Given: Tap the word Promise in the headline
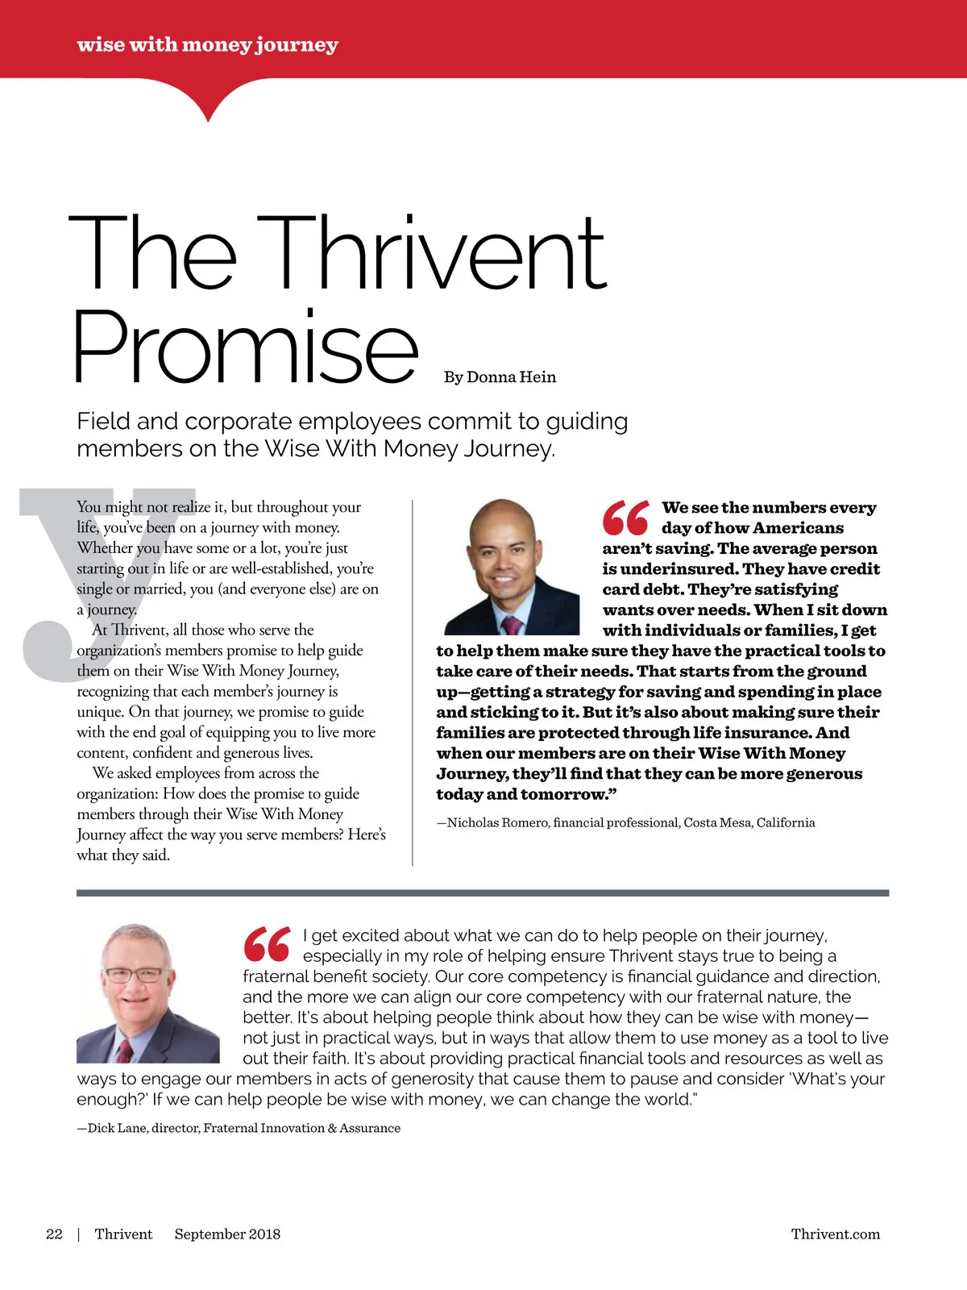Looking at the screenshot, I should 245,347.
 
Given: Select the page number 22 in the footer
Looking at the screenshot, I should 54,1234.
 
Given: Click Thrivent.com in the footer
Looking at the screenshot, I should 835,1234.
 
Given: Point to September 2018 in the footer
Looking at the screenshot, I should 227,1234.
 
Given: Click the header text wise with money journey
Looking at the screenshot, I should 207,44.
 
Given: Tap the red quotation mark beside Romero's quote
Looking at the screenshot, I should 625,518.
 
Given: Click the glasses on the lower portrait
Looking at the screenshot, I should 134,974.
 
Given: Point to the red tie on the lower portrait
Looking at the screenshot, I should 125,1049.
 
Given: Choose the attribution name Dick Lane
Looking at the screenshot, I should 118,1128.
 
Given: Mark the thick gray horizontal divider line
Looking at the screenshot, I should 483,893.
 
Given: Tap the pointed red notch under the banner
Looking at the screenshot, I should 209,109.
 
